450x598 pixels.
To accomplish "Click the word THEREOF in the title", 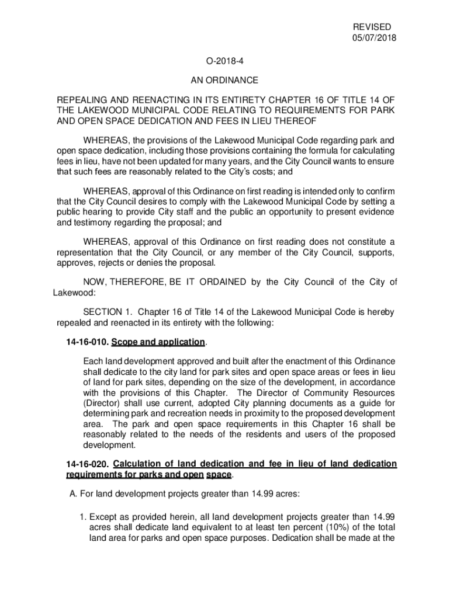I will click(x=293, y=121).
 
